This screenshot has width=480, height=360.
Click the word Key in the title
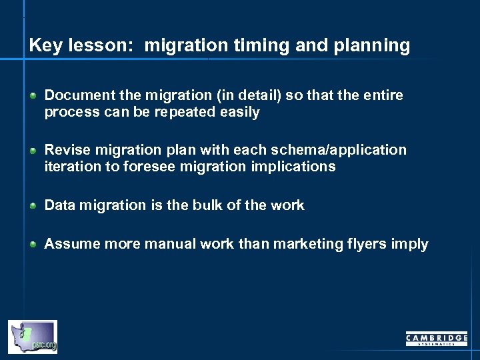(44, 46)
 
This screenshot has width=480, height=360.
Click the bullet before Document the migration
(33, 96)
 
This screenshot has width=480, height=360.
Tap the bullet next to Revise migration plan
(33, 151)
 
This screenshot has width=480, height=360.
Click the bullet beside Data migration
(33, 206)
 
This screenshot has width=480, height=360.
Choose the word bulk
(205, 205)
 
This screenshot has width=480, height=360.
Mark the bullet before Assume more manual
(33, 245)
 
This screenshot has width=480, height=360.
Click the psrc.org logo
(33, 337)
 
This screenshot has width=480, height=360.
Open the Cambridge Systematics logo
(437, 339)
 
